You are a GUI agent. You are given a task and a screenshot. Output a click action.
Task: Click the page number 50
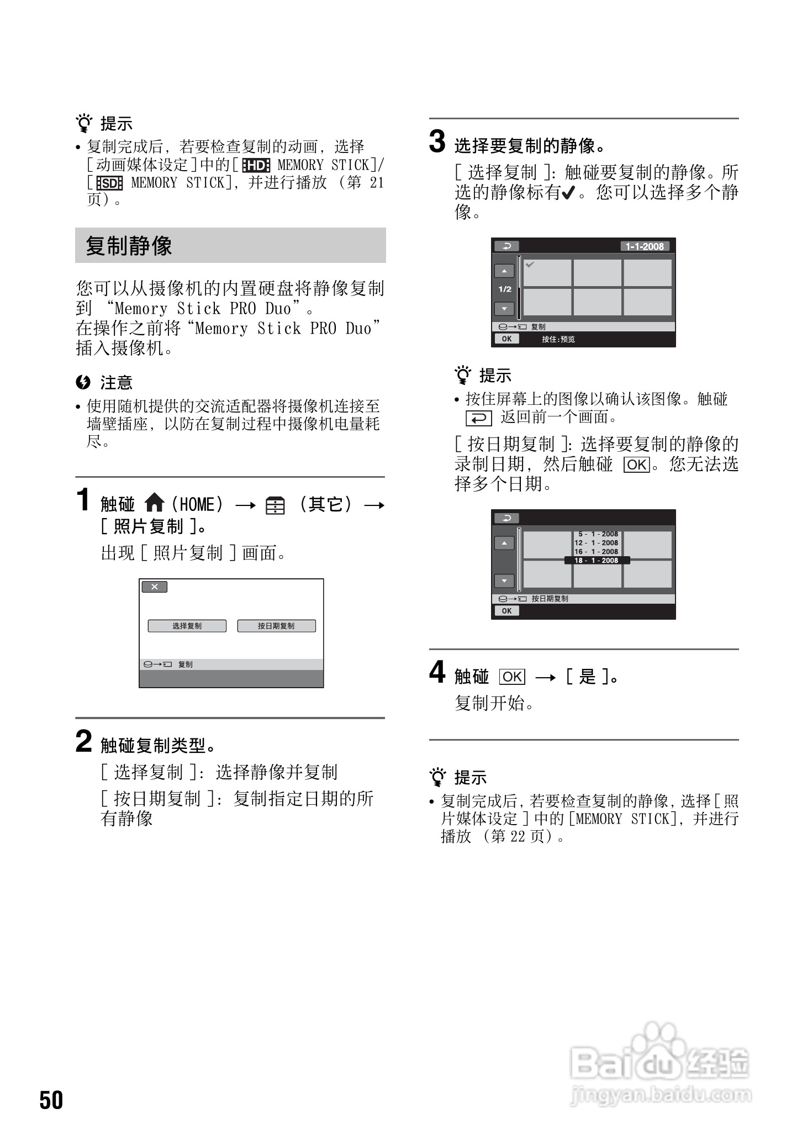(x=51, y=1100)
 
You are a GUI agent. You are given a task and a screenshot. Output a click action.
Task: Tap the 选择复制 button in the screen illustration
(x=187, y=626)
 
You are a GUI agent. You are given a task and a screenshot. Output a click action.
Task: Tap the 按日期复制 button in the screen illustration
(x=276, y=626)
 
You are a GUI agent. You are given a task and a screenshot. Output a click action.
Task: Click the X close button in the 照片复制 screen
(x=154, y=587)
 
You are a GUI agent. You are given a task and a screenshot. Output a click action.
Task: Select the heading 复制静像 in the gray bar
(x=129, y=246)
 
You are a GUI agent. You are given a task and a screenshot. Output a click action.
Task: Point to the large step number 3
(x=437, y=142)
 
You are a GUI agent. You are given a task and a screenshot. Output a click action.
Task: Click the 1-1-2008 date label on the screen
(x=644, y=246)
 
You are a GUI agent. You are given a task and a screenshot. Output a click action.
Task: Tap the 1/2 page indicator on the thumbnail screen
(x=505, y=289)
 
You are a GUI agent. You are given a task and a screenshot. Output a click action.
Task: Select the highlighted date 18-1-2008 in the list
(x=597, y=560)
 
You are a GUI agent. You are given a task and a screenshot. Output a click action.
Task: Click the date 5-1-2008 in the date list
(x=598, y=534)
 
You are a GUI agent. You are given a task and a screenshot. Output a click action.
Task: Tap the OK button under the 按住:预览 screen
(x=506, y=339)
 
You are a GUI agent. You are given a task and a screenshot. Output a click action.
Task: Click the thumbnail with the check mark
(x=547, y=272)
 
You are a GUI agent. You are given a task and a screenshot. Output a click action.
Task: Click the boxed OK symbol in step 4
(x=512, y=677)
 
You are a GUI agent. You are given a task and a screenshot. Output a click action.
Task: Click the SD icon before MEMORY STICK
(x=109, y=183)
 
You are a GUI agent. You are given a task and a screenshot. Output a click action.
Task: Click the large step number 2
(x=83, y=741)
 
